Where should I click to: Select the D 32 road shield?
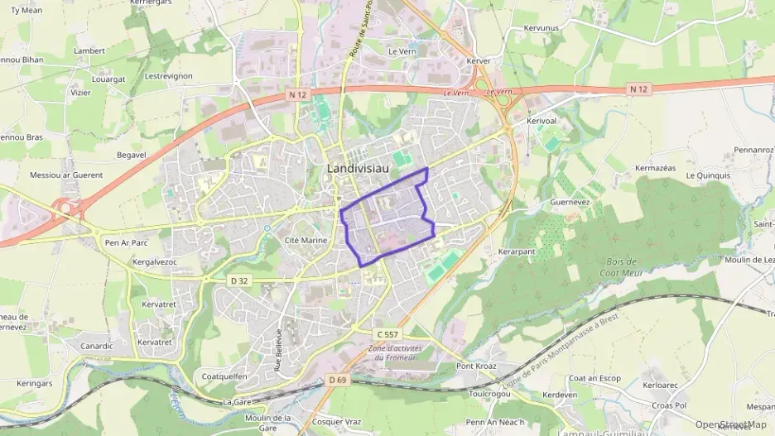(x=239, y=280)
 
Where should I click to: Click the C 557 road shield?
(x=387, y=333)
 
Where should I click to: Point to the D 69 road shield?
(x=335, y=380)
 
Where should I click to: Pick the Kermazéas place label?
(x=655, y=168)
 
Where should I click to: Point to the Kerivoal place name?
(x=544, y=120)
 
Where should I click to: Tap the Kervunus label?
(x=542, y=28)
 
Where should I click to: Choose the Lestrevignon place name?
(x=168, y=76)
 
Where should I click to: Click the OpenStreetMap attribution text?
(x=731, y=424)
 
